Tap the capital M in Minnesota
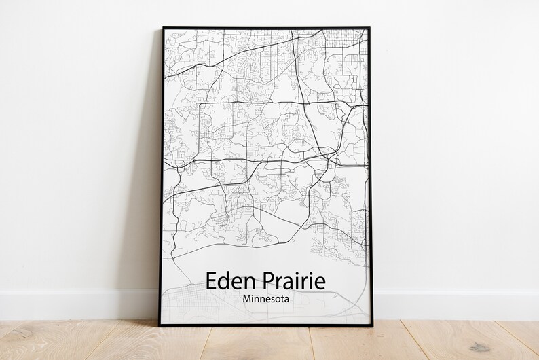pyautogui.click(x=245, y=298)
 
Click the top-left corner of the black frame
pyautogui.click(x=164, y=29)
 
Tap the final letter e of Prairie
pyautogui.click(x=320, y=282)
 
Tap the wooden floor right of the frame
pyautogui.click(x=462, y=340)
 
